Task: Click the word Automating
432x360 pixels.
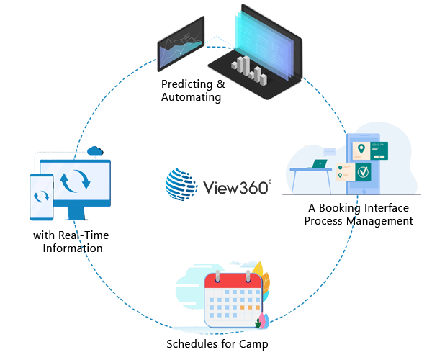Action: (191, 97)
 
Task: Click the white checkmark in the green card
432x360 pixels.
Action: (384, 172)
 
